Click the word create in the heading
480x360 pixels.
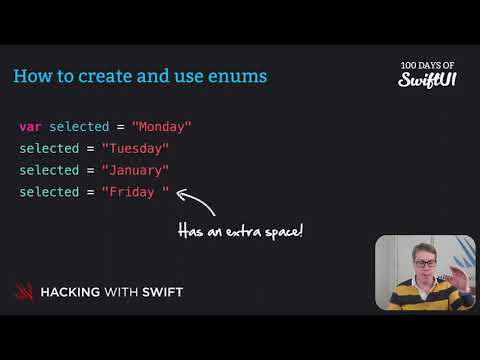pyautogui.click(x=110, y=76)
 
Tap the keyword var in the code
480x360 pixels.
pyautogui.click(x=30, y=127)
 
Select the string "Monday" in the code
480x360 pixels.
pyautogui.click(x=161, y=127)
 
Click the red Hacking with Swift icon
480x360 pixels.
pyautogui.click(x=24, y=292)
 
